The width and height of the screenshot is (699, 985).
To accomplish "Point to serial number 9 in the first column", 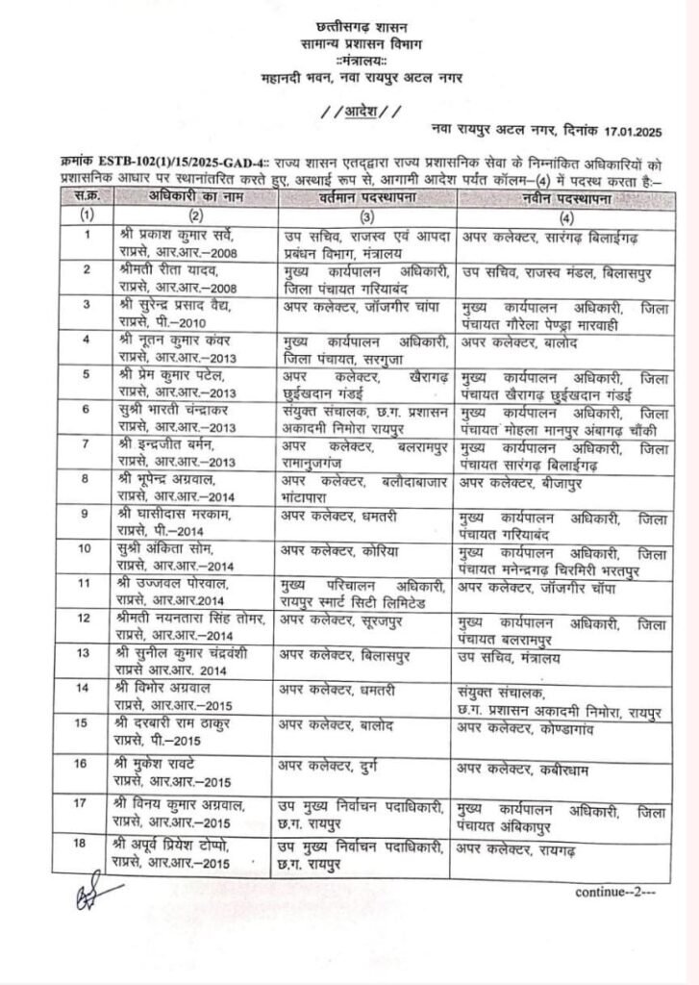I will [88, 514].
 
